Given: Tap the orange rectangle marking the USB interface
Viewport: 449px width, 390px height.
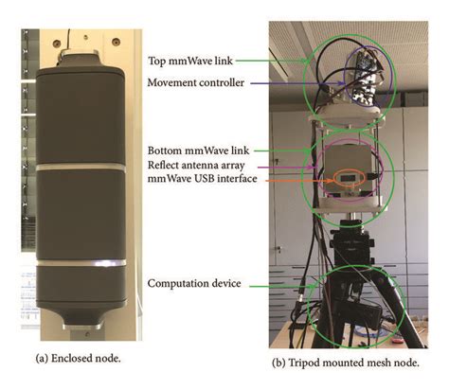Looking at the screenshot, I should [x=341, y=180].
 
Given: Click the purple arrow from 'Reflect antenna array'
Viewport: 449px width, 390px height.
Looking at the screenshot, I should [x=295, y=167].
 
